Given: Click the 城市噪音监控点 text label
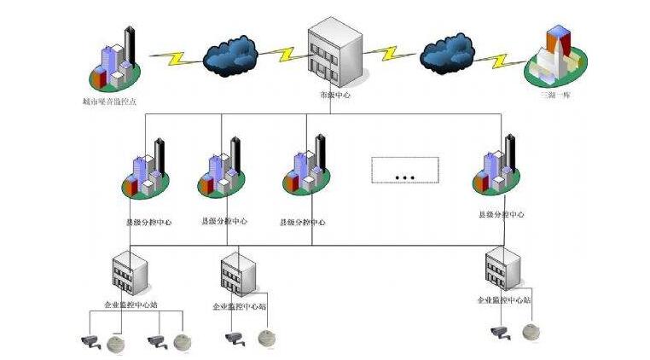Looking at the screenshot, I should (110, 101).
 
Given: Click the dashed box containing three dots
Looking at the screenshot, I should (405, 170).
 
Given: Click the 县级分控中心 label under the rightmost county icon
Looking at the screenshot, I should (502, 214).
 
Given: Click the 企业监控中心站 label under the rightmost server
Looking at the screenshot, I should (504, 300).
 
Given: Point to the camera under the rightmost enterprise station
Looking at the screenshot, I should (500, 334).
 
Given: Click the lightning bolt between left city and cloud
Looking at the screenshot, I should (177, 58).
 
